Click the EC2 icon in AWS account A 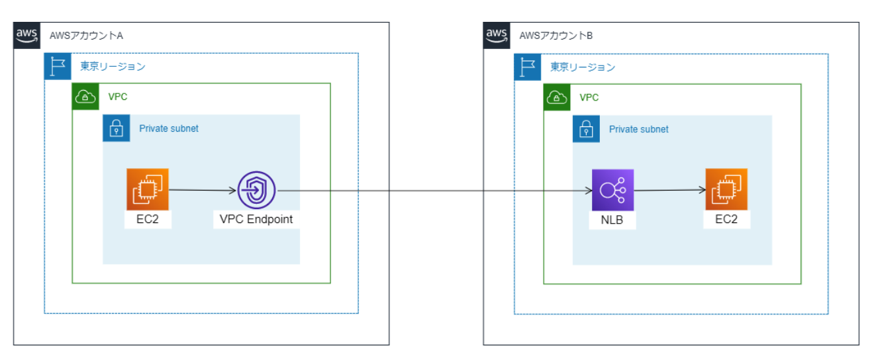148,190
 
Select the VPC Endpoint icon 257,191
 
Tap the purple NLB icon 612,190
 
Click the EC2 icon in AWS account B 726,190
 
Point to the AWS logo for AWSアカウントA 27,35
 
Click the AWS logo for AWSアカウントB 497,35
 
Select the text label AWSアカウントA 86,36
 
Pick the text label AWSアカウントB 556,36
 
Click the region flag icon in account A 58,67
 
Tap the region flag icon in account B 528,67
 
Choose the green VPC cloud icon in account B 557,97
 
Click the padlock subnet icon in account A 117,128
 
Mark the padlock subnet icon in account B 587,129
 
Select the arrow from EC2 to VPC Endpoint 203,191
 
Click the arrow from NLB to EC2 669,191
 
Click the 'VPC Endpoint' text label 256,220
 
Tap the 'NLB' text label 612,220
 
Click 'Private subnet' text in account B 638,129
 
